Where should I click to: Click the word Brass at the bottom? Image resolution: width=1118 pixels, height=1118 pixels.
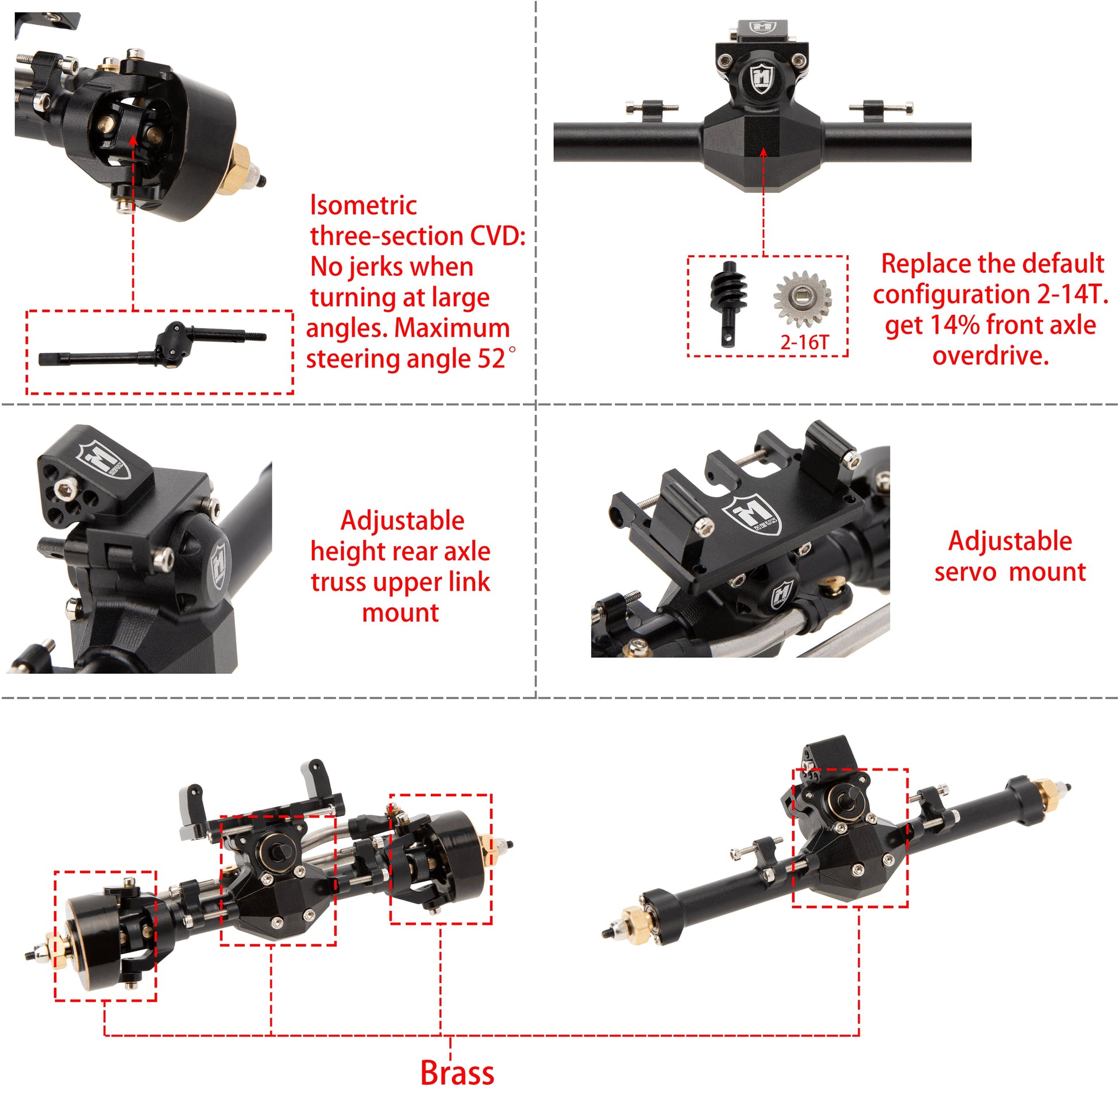457,1073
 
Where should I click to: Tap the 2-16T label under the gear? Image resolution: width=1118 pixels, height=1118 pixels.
804,342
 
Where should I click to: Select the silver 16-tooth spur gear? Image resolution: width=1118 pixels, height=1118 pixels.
802,299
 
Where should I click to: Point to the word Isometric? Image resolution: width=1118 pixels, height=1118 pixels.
364,206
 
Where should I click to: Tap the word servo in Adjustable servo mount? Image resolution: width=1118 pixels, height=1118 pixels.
965,572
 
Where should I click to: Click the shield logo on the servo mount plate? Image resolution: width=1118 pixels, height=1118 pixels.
752,514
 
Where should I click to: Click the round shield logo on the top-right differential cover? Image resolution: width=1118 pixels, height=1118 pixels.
762,79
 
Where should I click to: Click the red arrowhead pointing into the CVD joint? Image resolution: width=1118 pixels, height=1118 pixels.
133,141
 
